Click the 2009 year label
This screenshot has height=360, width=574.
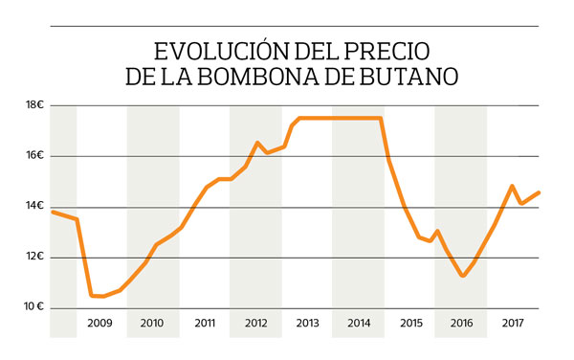point(100,324)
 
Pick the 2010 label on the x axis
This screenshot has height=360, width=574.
point(152,324)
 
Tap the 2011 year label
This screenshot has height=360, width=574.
point(205,324)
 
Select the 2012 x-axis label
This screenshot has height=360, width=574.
point(255,324)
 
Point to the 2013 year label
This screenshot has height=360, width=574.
point(307,324)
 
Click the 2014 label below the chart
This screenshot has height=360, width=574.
point(358,324)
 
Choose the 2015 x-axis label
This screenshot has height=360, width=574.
point(409,324)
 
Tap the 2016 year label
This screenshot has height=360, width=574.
point(461,324)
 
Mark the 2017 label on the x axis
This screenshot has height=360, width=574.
point(513,324)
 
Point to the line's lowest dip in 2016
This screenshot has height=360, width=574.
point(463,276)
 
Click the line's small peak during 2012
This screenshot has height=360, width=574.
point(257,143)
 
